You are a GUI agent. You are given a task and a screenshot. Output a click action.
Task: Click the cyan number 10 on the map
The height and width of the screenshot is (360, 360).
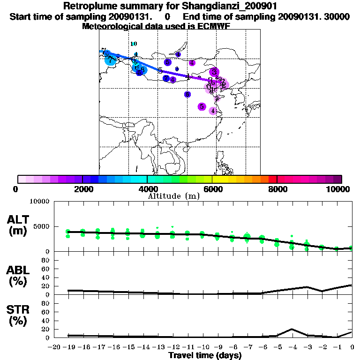(x=134, y=44)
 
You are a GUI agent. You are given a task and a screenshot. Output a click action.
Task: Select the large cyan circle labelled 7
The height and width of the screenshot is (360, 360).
(x=111, y=60)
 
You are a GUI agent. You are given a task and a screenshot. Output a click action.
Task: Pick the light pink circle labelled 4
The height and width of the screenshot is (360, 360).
(x=213, y=111)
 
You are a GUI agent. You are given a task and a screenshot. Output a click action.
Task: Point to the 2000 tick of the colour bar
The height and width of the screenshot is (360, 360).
(x=82, y=179)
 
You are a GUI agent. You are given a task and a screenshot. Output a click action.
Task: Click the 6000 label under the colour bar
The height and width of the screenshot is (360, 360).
(x=213, y=189)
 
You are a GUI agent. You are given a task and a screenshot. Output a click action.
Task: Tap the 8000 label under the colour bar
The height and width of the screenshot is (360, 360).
(x=277, y=189)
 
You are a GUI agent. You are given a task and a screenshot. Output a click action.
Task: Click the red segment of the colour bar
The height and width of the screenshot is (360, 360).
(x=273, y=179)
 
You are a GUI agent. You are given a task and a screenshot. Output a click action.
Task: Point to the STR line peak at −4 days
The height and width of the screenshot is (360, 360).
(x=292, y=329)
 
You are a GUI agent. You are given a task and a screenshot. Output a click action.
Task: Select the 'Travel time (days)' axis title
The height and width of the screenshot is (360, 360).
(x=205, y=355)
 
